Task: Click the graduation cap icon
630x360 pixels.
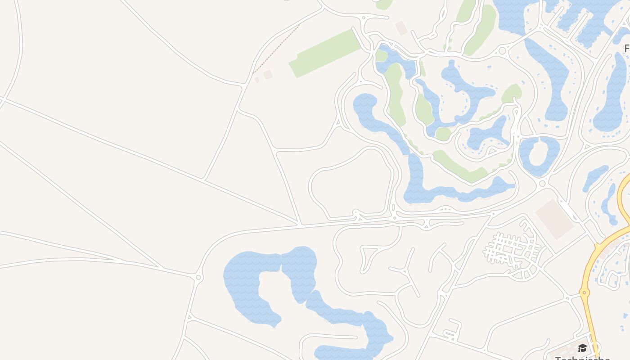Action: [582, 348]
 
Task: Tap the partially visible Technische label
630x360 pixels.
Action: [582, 358]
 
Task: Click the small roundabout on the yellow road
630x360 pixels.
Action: [585, 293]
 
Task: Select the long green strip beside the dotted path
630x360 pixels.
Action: [325, 53]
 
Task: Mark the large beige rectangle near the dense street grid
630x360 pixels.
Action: [554, 219]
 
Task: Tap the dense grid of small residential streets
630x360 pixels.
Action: [511, 249]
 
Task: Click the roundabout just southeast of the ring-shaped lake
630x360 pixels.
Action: [542, 183]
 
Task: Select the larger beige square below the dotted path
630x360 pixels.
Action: [268, 75]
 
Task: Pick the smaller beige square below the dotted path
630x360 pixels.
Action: [257, 80]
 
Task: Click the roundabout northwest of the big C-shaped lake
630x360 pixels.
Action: [198, 277]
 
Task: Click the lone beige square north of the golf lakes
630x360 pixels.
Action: [401, 28]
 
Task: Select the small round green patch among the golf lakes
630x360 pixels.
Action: [443, 134]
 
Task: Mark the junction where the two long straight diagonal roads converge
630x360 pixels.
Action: [299, 223]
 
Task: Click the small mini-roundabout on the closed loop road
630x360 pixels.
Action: [355, 211]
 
